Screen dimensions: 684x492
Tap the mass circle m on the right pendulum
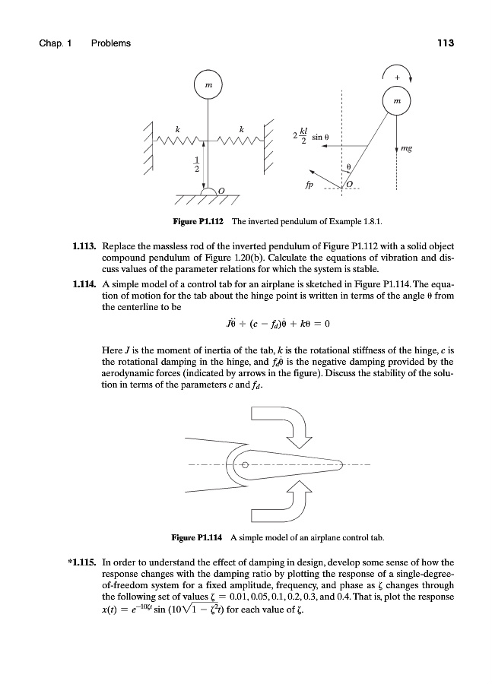[395, 100]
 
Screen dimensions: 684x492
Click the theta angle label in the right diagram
[348, 166]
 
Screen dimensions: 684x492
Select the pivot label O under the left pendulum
[221, 188]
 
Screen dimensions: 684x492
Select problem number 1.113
[82, 248]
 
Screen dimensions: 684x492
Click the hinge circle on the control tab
[246, 464]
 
